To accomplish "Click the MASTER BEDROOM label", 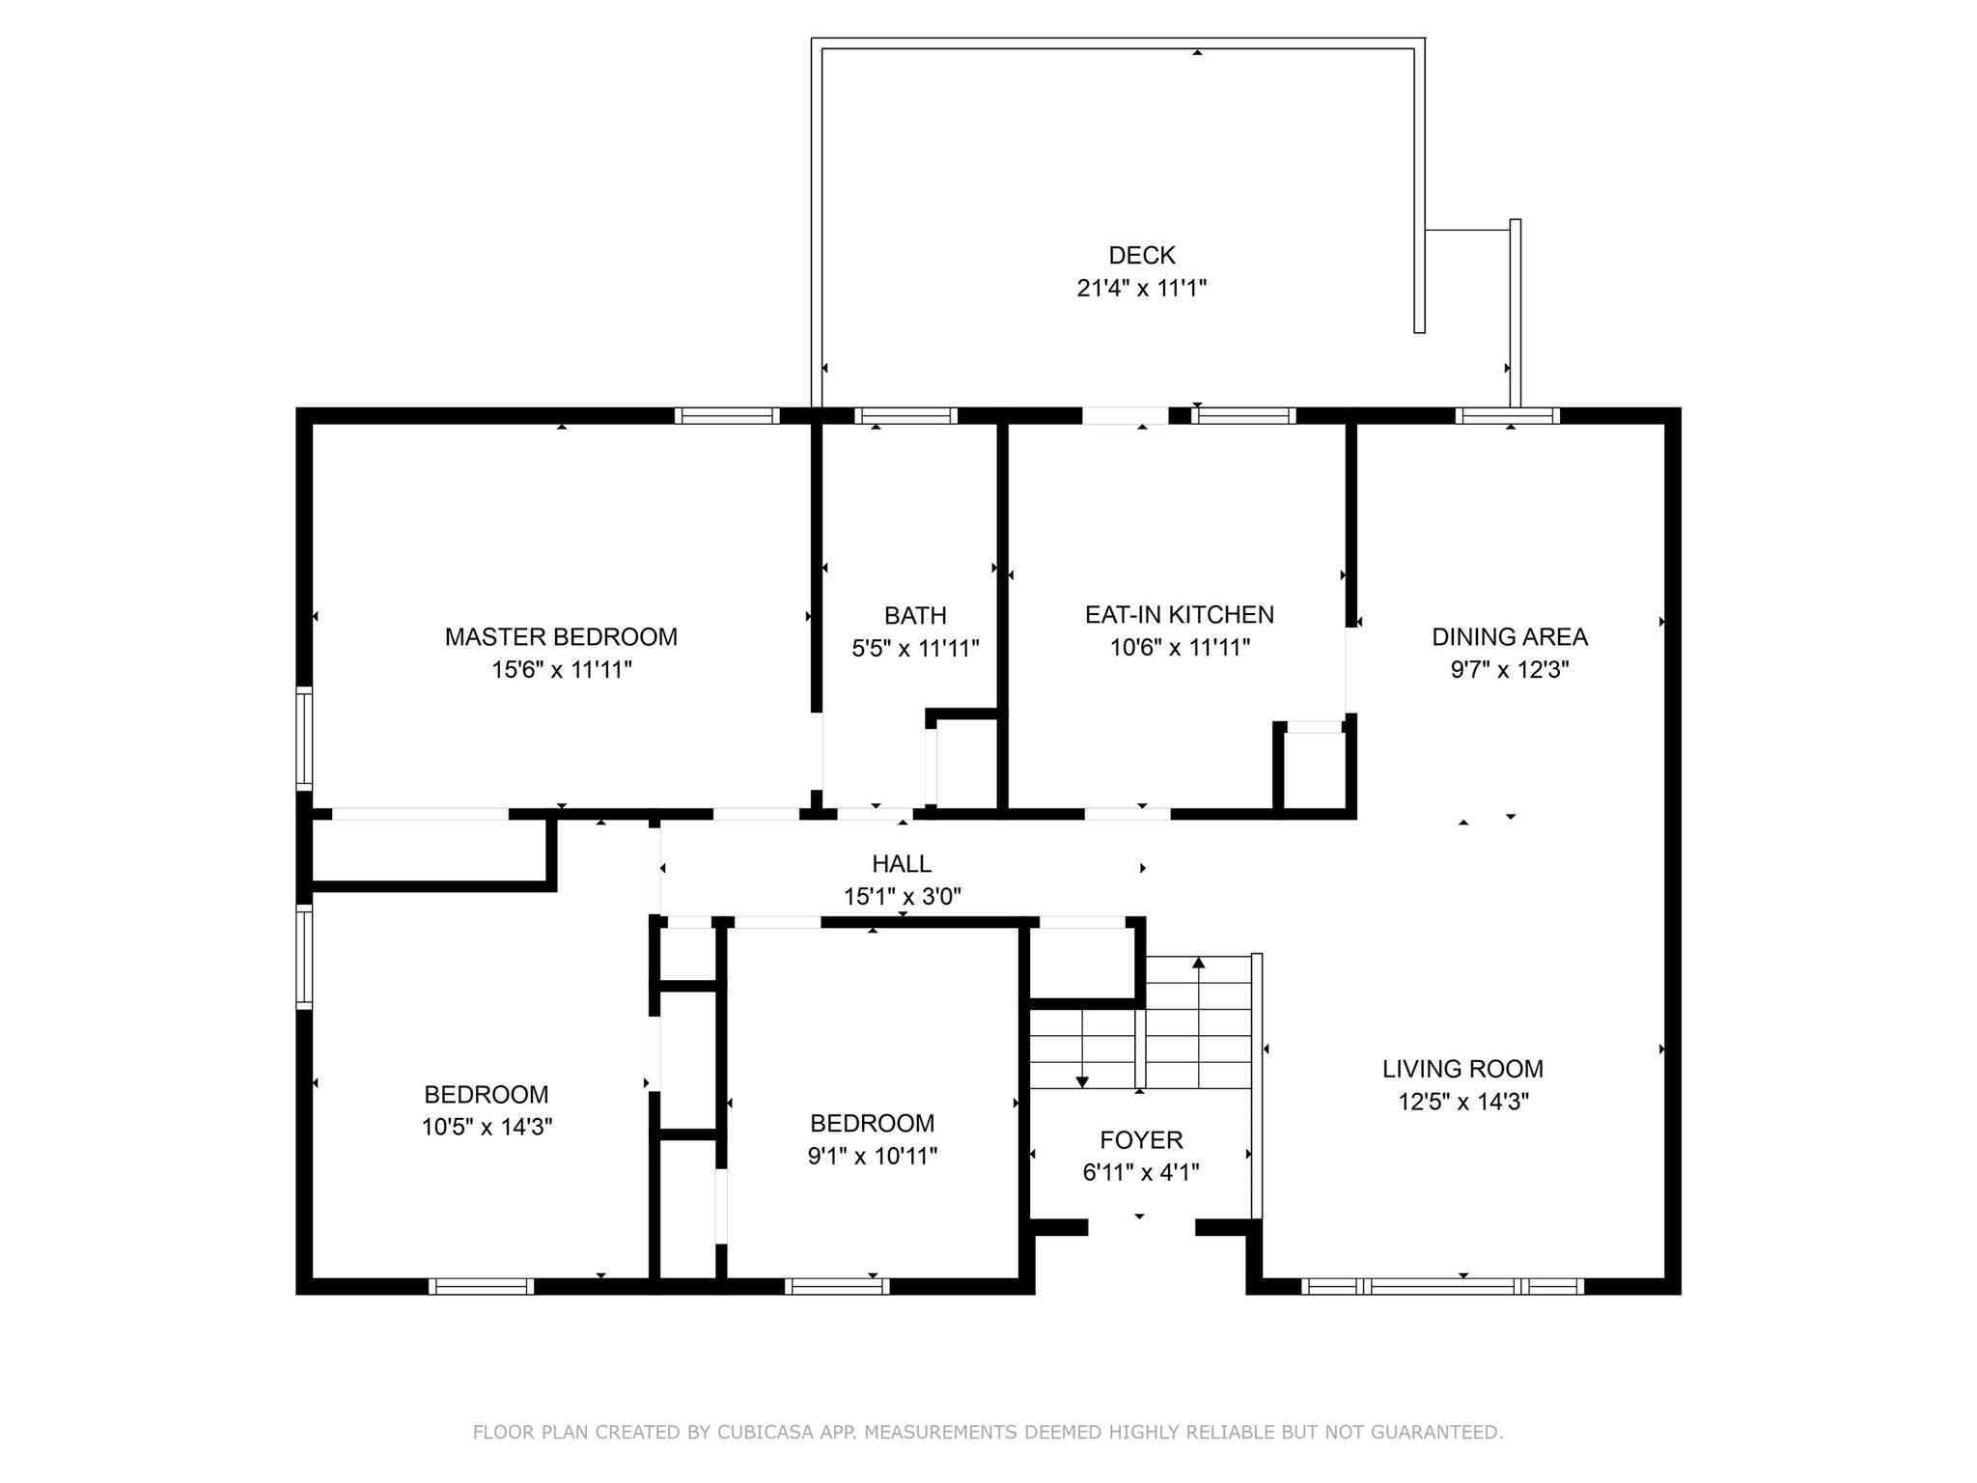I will (x=561, y=637).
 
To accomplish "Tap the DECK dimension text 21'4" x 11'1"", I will (x=1142, y=288).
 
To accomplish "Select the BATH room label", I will (x=915, y=615).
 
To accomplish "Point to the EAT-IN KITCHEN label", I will (x=1179, y=615).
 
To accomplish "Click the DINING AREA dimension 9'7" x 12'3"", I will (x=1509, y=670).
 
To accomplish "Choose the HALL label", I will (x=902, y=864).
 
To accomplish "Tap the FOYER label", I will (x=1141, y=1140).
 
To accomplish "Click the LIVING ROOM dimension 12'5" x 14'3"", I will (x=1462, y=1102).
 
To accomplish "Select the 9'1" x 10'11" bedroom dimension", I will (x=872, y=1156).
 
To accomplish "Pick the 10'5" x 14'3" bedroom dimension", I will (x=487, y=1127).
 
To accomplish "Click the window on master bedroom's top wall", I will (x=727, y=416).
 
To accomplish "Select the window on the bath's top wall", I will (x=905, y=416).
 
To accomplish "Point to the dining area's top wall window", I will (x=1507, y=416).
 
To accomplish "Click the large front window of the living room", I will (x=1442, y=1286).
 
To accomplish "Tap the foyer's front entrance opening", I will (x=1141, y=1228).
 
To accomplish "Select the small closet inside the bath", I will (x=965, y=762).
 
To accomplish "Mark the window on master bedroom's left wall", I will (x=304, y=739).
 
